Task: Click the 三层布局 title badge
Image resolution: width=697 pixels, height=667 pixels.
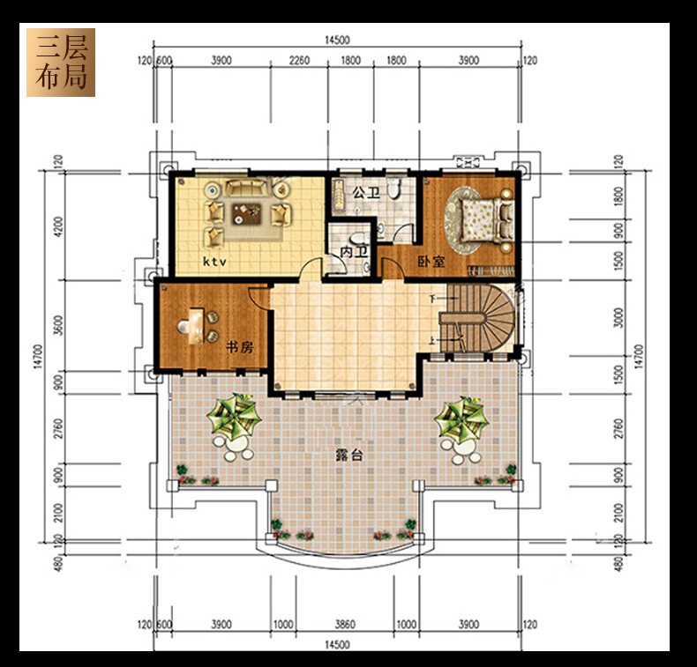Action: coord(61,63)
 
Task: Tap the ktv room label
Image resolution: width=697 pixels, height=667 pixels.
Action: coord(214,262)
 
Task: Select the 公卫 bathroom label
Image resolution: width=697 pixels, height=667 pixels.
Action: coord(367,193)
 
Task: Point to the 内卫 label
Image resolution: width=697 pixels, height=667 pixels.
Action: coord(354,252)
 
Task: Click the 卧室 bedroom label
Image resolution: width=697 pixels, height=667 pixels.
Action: coord(431,261)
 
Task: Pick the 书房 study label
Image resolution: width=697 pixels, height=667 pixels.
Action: coord(240,346)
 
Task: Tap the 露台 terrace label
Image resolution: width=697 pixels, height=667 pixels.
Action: coord(349,455)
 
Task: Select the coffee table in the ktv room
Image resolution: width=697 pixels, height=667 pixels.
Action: coord(246,214)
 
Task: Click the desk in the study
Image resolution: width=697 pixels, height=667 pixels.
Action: coord(196,326)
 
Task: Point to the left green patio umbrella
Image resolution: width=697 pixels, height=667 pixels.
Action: coord(233,416)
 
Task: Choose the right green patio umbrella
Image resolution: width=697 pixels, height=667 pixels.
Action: coord(461,419)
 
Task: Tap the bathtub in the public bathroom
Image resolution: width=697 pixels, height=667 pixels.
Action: coord(340,195)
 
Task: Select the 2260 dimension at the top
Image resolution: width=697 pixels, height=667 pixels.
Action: coord(299,60)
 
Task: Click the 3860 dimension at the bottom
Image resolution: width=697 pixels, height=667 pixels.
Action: coord(344,625)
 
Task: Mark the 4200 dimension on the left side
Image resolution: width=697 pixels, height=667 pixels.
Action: coord(58,226)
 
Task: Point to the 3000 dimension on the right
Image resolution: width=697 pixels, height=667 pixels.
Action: coord(618,317)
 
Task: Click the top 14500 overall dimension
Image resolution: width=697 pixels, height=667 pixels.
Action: coord(337,40)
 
